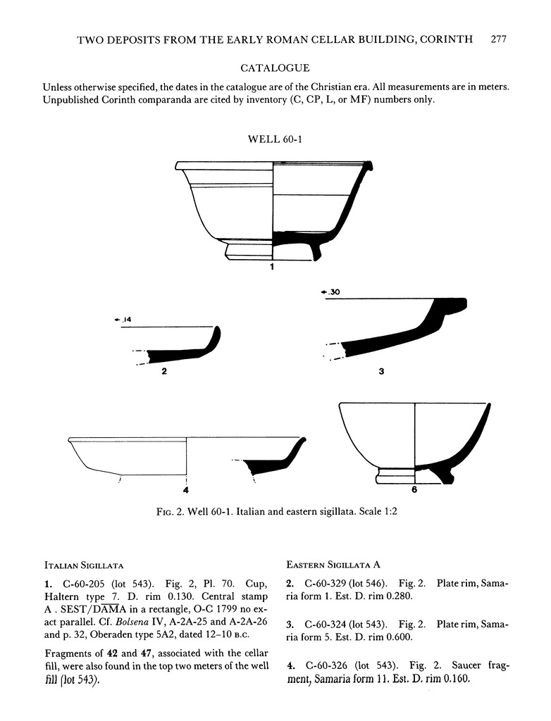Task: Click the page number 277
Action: coord(498,39)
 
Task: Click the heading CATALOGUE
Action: coord(275,68)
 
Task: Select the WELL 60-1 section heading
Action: coord(275,139)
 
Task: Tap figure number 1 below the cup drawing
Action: coord(272,267)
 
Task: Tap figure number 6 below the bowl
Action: coord(415,489)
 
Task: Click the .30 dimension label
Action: coord(331,291)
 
